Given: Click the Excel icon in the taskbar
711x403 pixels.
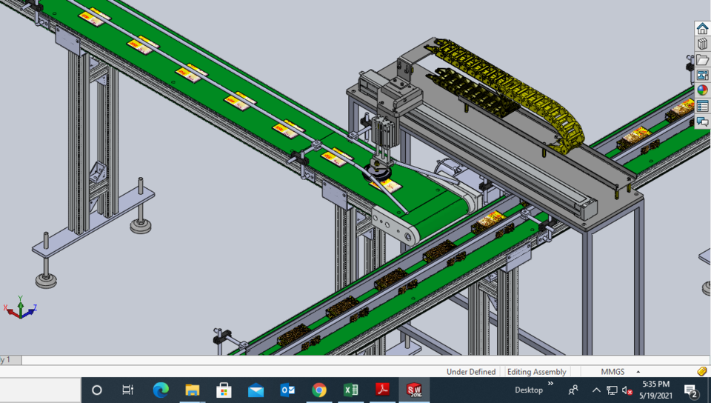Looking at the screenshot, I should click(351, 390).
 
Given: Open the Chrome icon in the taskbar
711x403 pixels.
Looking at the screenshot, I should click(319, 390).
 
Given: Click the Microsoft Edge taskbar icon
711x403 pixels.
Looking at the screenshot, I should click(161, 390).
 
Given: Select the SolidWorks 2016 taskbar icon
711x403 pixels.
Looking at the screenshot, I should click(415, 390).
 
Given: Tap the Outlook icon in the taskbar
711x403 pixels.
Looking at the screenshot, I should click(287, 390).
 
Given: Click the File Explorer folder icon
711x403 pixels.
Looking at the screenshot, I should click(193, 390).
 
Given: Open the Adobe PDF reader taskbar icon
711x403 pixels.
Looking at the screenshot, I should click(383, 390).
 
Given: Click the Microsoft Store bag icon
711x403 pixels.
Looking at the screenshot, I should click(224, 390).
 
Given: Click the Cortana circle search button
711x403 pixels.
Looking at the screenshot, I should click(97, 390).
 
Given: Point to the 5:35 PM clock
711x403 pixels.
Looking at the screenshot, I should click(655, 384).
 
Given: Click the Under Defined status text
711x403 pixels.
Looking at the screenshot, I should click(471, 371).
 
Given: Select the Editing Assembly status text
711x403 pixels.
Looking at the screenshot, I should click(537, 371).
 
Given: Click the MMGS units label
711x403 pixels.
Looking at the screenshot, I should click(612, 371).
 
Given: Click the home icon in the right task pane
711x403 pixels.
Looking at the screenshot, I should click(702, 29).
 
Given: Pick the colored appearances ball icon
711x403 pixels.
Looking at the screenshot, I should click(702, 90).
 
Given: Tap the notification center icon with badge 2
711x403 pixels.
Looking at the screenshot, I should click(691, 390).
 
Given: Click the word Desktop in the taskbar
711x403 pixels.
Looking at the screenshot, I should click(529, 390).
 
